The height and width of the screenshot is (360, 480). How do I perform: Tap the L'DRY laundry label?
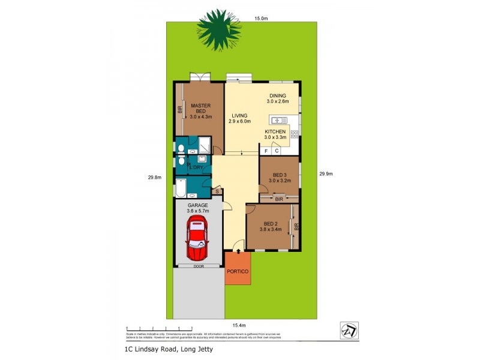(x=197, y=167)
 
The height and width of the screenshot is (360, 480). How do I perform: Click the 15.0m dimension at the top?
(x=260, y=19)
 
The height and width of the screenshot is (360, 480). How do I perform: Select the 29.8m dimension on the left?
(x=155, y=177)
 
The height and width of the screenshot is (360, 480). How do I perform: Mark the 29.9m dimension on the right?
(x=326, y=174)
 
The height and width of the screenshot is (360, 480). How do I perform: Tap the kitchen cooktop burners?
(x=295, y=134)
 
